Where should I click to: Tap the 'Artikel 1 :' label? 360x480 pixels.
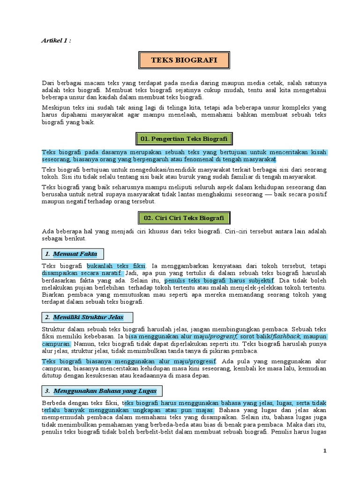(56, 40)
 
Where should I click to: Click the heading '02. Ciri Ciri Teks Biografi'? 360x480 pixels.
(184, 218)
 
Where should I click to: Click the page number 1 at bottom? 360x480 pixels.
(324, 450)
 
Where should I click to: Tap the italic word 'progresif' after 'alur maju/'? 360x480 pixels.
(224, 337)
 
